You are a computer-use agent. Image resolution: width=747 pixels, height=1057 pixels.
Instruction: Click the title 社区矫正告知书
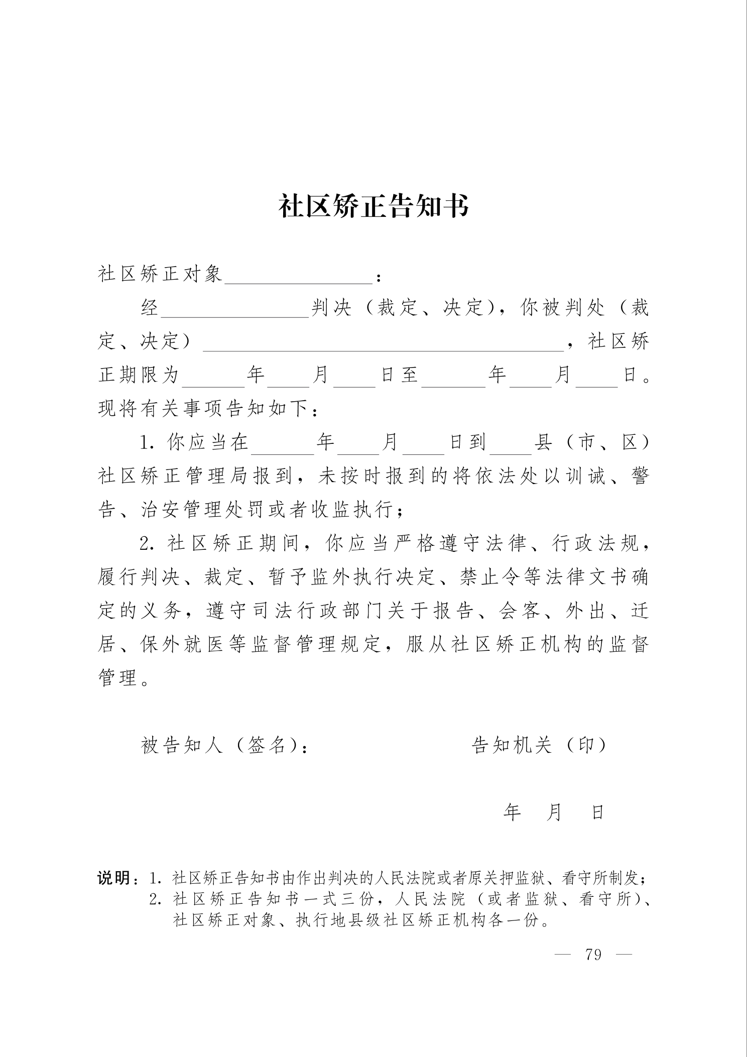[x=374, y=205]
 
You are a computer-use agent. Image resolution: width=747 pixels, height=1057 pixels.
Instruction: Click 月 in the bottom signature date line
[x=554, y=812]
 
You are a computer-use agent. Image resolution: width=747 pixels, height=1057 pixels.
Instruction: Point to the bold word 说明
[x=114, y=879]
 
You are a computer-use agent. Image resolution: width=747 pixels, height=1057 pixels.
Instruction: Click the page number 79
[x=593, y=954]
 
